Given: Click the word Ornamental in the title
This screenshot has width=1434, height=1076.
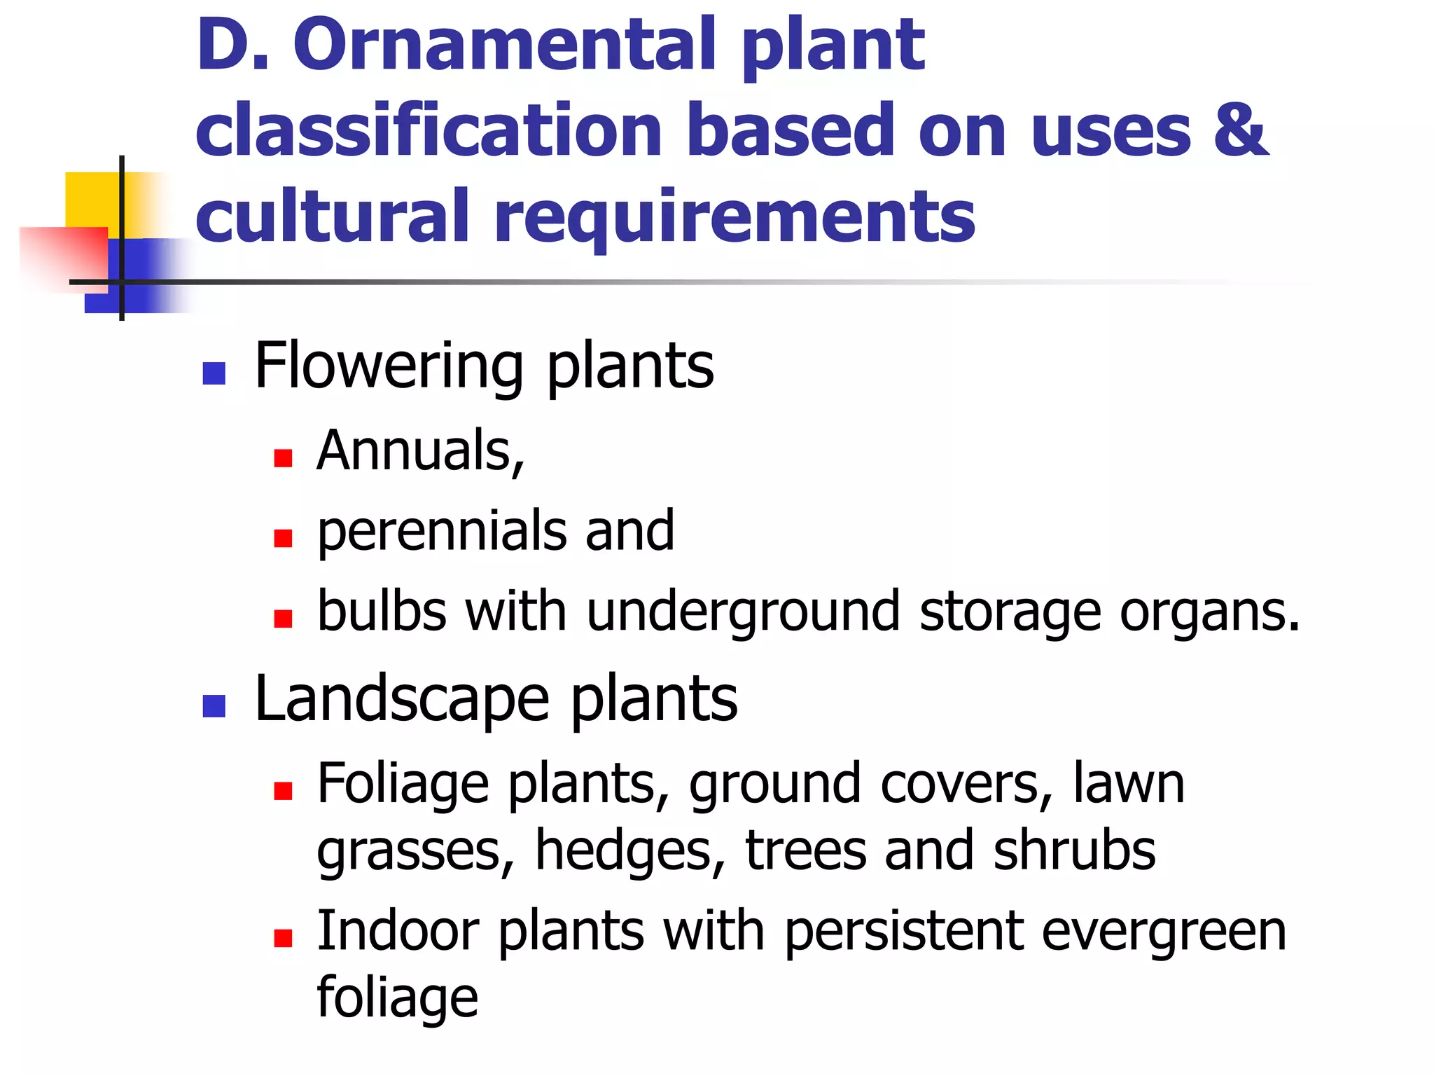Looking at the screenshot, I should (503, 45).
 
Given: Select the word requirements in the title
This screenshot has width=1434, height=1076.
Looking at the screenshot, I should (735, 217).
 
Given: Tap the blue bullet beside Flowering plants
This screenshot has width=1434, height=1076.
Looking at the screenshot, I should (214, 373).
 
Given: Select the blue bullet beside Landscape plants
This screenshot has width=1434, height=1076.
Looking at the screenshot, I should (214, 706).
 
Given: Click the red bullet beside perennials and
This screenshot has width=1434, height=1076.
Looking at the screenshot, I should (283, 538).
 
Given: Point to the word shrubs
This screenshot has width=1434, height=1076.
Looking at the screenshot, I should (1074, 850).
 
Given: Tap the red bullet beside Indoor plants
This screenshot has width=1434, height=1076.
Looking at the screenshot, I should (283, 939).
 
